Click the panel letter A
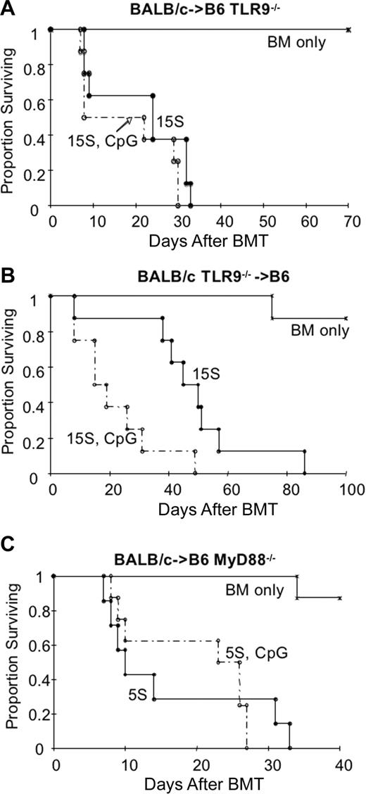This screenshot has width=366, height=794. coord(7,8)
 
